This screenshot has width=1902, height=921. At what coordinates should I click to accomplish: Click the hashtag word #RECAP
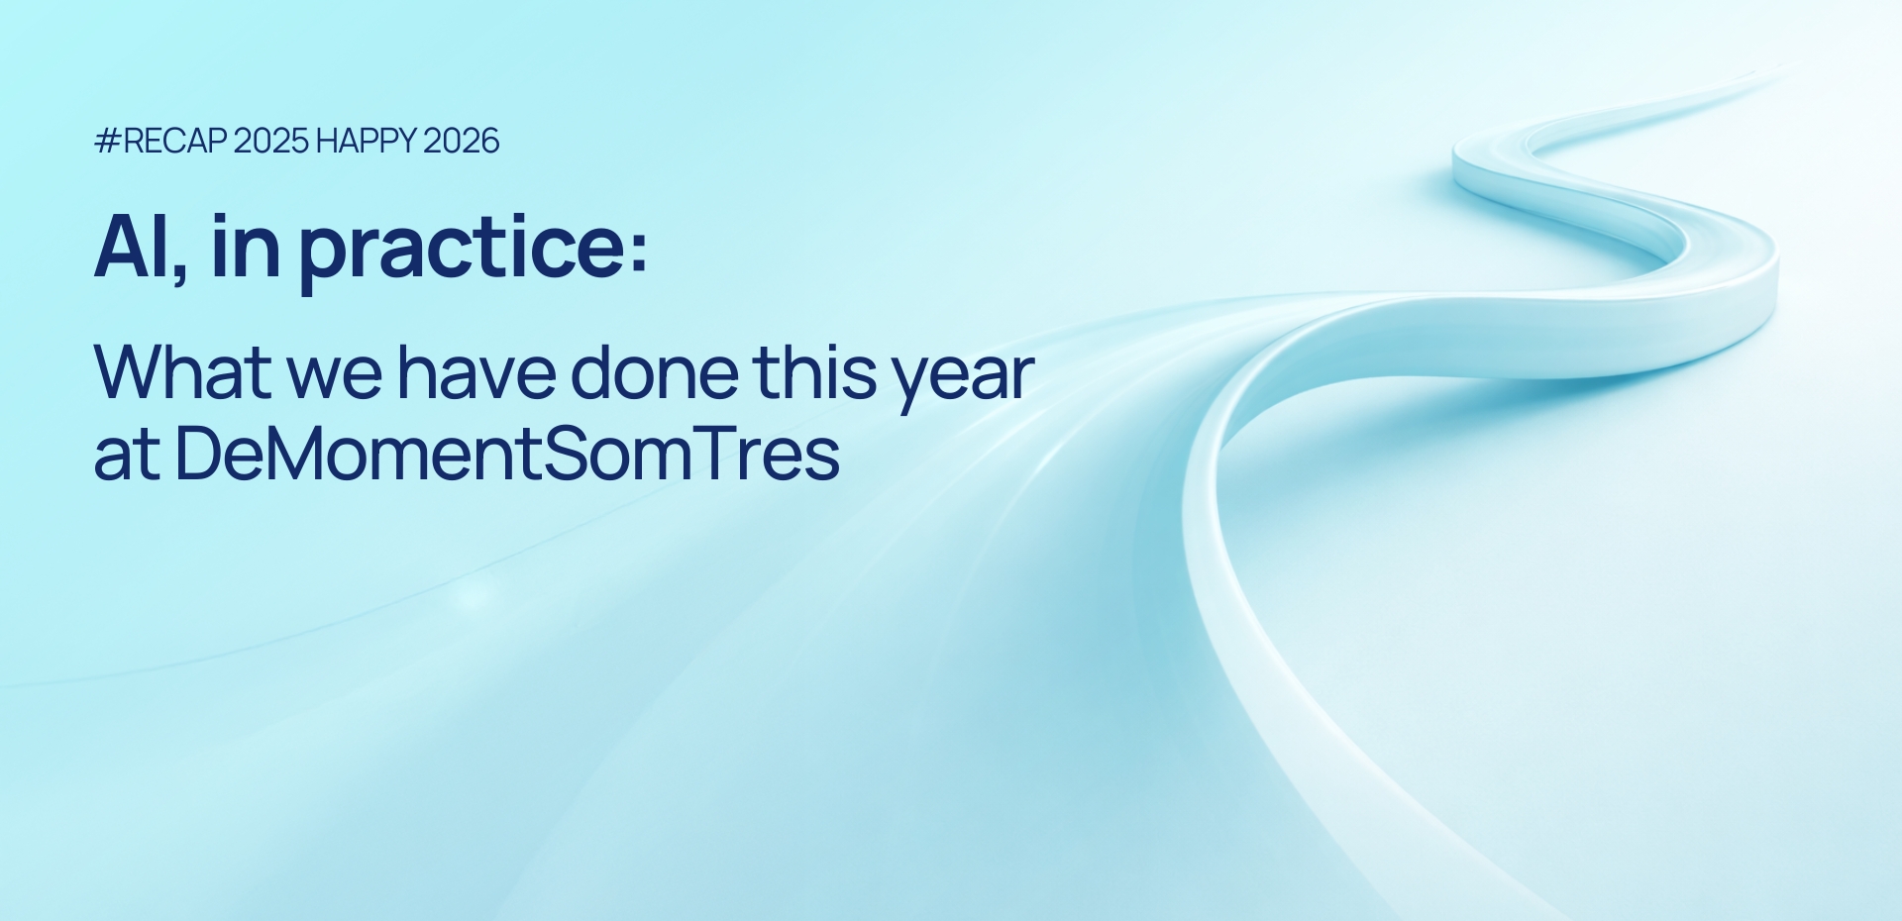click(160, 141)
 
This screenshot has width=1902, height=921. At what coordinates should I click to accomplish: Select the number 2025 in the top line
click(271, 141)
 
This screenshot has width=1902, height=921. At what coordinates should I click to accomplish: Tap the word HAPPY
click(366, 141)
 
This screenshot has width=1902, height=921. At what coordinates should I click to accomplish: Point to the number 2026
click(461, 141)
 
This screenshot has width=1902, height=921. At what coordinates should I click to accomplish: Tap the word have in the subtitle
click(477, 372)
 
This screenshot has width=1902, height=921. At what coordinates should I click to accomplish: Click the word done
click(654, 372)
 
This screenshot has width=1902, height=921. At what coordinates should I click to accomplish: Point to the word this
click(814, 372)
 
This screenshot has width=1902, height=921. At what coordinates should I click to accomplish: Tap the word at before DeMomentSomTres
click(127, 457)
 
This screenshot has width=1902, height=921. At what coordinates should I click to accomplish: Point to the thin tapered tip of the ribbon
click(1773, 71)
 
